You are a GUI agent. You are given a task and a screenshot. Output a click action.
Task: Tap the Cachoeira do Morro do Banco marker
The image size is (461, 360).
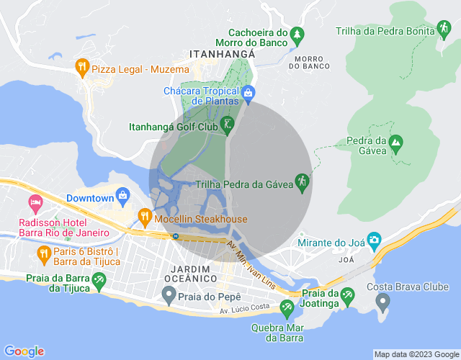(297, 34)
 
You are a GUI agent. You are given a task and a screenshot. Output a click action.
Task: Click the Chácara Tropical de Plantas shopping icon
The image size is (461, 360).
(249, 91)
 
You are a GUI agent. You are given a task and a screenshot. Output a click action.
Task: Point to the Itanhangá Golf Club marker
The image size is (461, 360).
(227, 125)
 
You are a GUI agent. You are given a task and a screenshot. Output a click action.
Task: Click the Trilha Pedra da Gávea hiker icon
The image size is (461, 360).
(303, 184)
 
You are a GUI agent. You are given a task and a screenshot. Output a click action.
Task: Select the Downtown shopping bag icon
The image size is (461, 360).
(123, 196)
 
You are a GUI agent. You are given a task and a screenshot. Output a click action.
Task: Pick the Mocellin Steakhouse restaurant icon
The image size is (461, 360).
(144, 216)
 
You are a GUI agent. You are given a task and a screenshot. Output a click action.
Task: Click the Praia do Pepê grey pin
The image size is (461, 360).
(169, 294)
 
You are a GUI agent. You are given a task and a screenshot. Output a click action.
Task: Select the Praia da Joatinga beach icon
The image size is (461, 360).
(348, 294)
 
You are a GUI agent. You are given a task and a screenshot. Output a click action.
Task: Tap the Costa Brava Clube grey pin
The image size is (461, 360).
(382, 301)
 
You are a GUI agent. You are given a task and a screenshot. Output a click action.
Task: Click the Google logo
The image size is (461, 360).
(24, 351)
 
